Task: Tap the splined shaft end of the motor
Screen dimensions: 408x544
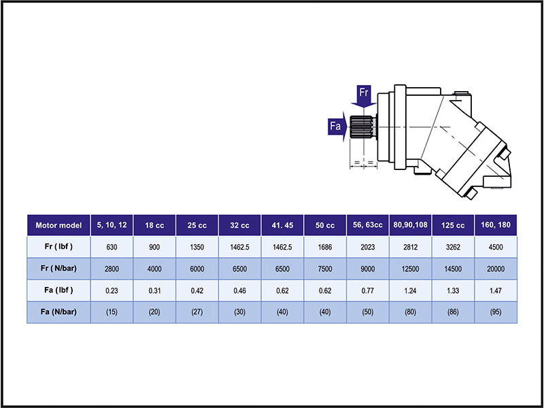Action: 363,126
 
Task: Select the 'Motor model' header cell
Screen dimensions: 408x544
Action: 58,225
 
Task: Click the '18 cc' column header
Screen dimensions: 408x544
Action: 155,225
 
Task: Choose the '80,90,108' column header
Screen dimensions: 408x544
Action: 410,225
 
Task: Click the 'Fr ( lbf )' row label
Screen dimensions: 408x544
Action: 58,247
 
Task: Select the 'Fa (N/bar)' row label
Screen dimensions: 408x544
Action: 58,312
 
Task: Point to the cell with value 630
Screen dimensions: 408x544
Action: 113,247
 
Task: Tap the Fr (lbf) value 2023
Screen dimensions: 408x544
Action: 367,247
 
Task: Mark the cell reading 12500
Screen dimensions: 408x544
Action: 410,269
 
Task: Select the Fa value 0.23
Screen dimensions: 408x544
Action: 113,290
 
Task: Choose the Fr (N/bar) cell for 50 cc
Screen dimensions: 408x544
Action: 325,269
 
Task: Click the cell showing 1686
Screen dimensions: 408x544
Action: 325,247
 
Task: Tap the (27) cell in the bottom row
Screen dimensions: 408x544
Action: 197,312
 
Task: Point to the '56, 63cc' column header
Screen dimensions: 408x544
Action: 367,225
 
